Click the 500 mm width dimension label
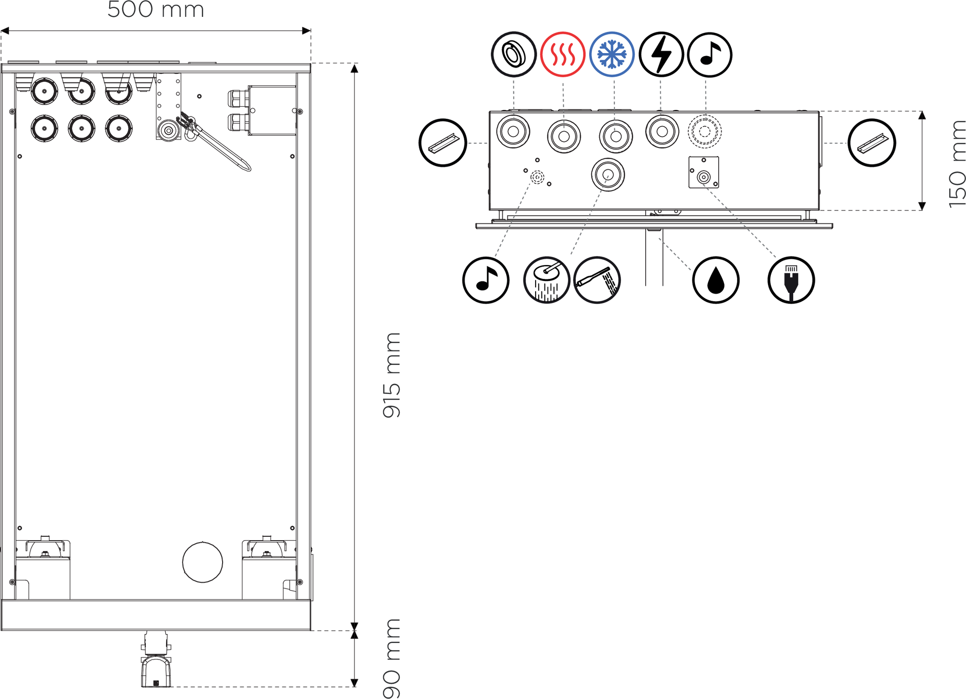point(156,10)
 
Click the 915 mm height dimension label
point(392,375)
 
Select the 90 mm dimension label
point(392,658)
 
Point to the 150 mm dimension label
point(957,164)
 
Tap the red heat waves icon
point(563,55)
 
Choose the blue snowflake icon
point(612,55)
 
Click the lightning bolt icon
point(661,55)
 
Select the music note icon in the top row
point(710,55)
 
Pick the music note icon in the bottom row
point(485,280)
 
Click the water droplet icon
point(715,280)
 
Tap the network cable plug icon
point(791,280)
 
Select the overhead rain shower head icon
point(547,280)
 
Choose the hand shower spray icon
point(597,280)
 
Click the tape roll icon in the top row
point(513,55)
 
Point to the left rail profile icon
point(442,143)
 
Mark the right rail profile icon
point(872,143)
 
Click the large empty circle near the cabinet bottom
point(202,562)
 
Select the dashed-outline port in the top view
point(705,131)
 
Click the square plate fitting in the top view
point(704,172)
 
